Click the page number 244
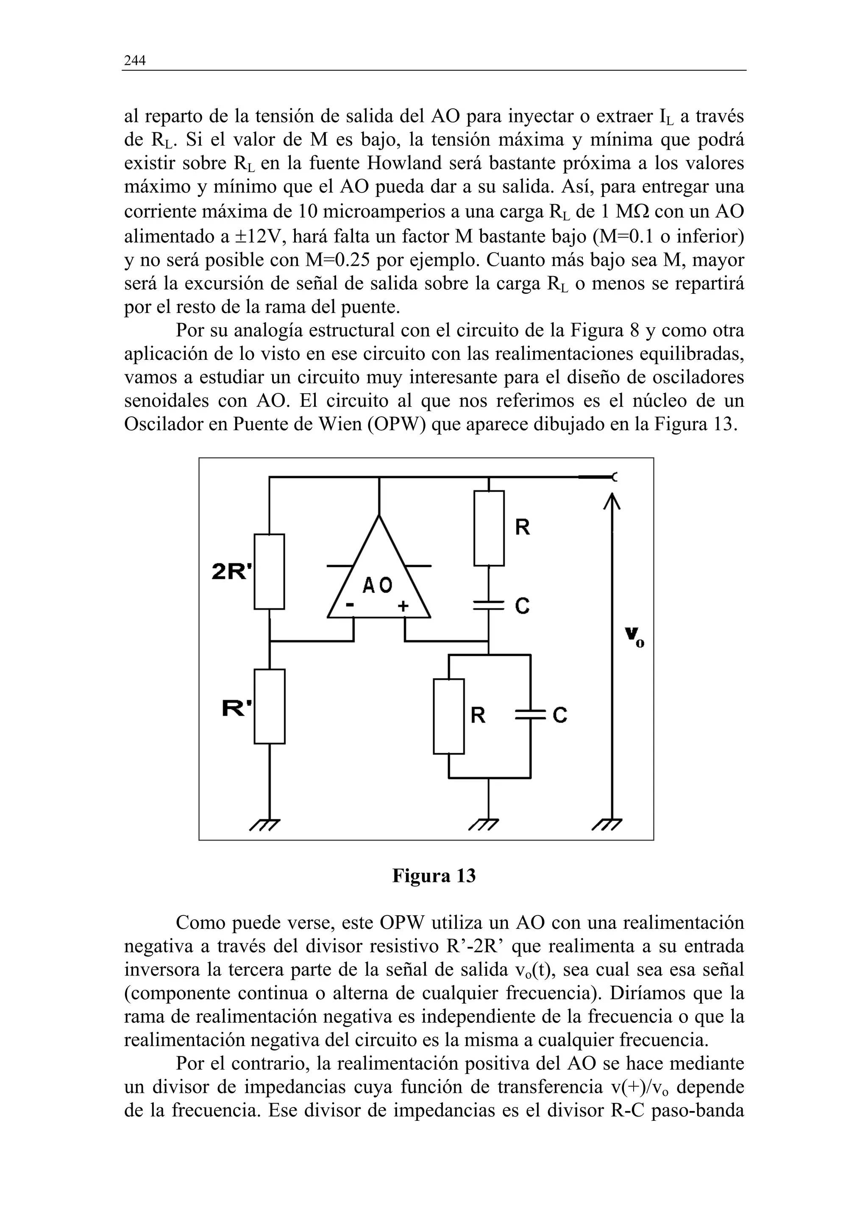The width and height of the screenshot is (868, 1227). (x=135, y=61)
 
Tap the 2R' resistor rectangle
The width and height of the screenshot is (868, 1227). (x=269, y=571)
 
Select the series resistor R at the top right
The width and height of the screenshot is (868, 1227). (x=489, y=528)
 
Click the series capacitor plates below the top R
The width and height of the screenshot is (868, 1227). (x=489, y=605)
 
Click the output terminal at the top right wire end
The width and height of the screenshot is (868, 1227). (x=614, y=477)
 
